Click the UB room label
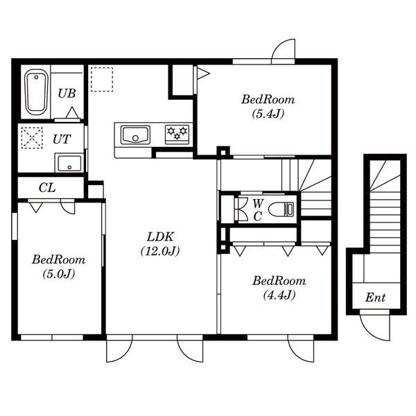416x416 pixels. click(67, 94)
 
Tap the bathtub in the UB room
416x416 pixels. click(36, 92)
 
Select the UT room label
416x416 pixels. click(62, 139)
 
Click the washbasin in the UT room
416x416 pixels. click(69, 163)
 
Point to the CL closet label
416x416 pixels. click(47, 188)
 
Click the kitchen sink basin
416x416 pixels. click(135, 135)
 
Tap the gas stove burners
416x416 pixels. click(177, 133)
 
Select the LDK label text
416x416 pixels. click(160, 236)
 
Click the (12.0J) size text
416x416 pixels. click(160, 251)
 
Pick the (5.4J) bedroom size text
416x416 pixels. click(268, 114)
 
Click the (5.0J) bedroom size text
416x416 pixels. click(59, 274)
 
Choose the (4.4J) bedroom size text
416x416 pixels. click(279, 295)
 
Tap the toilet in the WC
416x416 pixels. click(281, 209)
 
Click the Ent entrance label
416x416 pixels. click(375, 297)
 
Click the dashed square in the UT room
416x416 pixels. click(32, 138)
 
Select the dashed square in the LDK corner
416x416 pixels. click(102, 79)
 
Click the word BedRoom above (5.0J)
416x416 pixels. click(59, 259)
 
